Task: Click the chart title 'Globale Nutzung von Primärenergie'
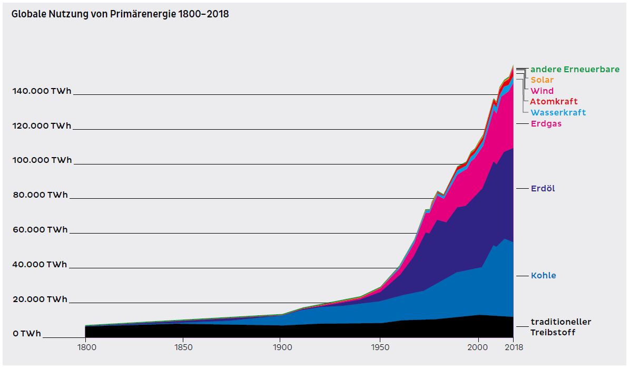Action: [120, 14]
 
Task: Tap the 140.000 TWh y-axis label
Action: [42, 91]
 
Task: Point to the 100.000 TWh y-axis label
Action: [42, 160]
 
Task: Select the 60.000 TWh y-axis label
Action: [40, 230]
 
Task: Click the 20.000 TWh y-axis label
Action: [40, 299]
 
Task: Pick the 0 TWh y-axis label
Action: [27, 334]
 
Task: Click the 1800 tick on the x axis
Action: [85, 347]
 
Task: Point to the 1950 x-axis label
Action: [380, 347]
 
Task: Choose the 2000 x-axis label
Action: [478, 347]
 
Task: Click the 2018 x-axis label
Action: [513, 347]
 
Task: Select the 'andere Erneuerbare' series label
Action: [575, 70]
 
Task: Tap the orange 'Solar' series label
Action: [542, 80]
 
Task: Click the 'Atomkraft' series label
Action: [554, 102]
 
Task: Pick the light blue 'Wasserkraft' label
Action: [558, 113]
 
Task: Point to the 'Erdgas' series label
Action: [546, 124]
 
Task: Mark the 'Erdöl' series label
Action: [543, 189]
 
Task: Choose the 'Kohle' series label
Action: [543, 276]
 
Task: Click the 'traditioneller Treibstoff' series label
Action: [560, 327]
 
